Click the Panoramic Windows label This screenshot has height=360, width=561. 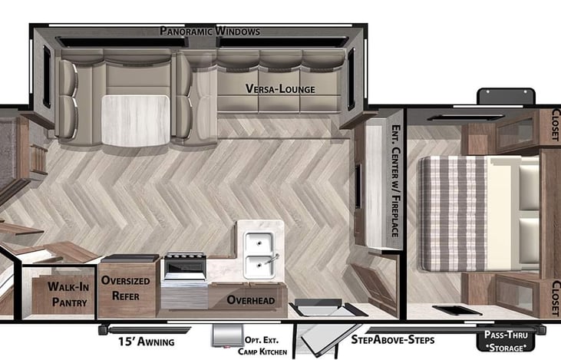click(210, 31)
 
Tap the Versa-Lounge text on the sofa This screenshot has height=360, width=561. click(280, 88)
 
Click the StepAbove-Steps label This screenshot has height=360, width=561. click(393, 339)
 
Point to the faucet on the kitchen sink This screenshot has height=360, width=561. click(271, 259)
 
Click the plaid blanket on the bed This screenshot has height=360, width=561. click(453, 213)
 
